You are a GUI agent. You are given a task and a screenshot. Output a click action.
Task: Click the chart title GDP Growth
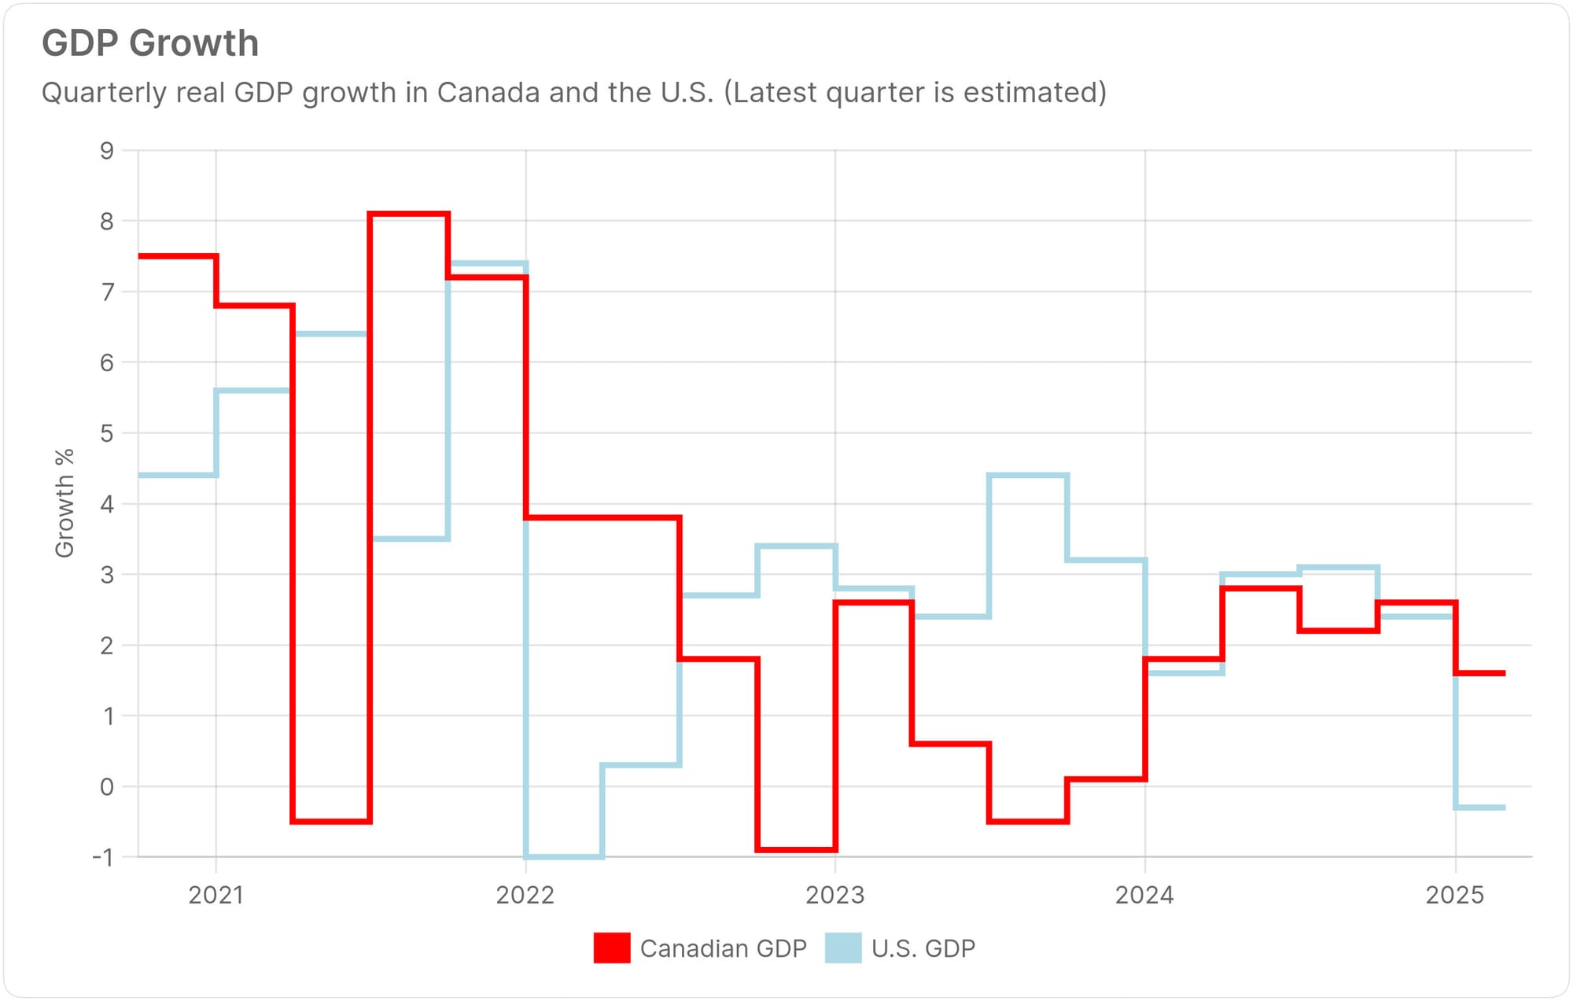pos(150,44)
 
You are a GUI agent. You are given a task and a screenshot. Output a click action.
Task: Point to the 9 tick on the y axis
pos(106,151)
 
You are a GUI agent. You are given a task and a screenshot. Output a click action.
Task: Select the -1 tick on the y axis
pos(103,857)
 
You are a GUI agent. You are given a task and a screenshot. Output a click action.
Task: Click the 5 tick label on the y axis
pos(106,433)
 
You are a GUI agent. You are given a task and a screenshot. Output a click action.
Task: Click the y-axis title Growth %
pos(64,503)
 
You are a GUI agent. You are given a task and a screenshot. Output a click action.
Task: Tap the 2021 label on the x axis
pos(216,895)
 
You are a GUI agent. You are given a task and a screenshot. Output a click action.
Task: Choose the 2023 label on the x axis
pos(834,895)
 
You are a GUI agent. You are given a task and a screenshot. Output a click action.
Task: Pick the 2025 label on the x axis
pos(1455,895)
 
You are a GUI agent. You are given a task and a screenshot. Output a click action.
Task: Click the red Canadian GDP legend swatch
pos(612,948)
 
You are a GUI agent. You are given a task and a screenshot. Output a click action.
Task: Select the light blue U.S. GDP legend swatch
pos(843,948)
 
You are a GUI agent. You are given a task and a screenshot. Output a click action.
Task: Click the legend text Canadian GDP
pos(723,948)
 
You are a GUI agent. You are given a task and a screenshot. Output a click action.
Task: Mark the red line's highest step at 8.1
pos(409,214)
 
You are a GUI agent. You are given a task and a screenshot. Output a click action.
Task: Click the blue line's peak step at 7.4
pos(488,263)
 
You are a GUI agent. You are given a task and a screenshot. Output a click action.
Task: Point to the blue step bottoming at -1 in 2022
pos(564,856)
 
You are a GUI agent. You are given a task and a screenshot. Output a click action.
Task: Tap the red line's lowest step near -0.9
pos(796,849)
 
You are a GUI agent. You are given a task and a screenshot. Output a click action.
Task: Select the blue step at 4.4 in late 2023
pos(1028,475)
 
